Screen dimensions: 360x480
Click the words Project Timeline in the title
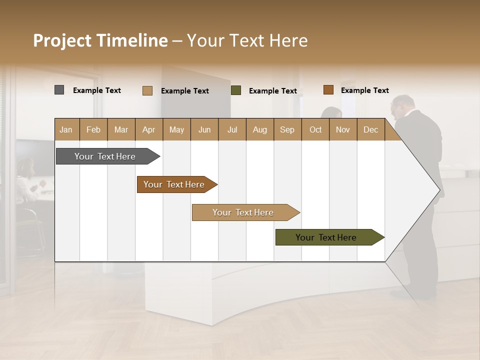(100, 40)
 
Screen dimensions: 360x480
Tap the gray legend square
(59, 90)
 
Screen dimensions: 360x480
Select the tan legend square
(147, 90)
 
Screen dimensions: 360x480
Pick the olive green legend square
(236, 90)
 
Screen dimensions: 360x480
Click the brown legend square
(328, 90)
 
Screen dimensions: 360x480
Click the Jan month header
(66, 129)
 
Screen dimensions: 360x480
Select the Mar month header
(121, 129)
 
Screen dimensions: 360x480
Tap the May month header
(176, 129)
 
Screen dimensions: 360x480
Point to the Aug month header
(259, 129)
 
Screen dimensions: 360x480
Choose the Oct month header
(315, 129)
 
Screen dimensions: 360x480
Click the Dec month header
(370, 129)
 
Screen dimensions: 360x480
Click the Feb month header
(93, 129)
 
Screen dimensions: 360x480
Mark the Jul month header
(232, 129)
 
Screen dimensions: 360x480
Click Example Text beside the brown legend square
(364, 90)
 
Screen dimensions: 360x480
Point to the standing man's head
(403, 106)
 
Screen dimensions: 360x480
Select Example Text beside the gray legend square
(96, 90)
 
